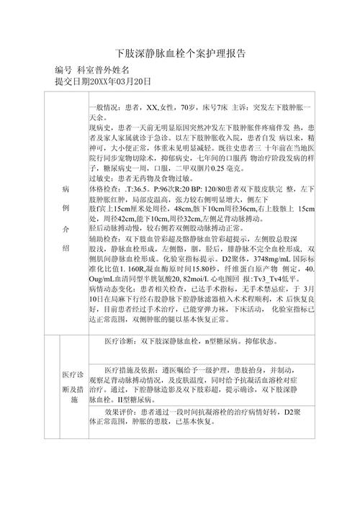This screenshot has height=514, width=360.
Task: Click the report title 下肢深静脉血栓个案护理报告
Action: [x=179, y=54]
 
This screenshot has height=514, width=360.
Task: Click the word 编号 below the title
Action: [x=63, y=71]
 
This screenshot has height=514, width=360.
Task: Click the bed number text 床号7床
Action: [x=213, y=106]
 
